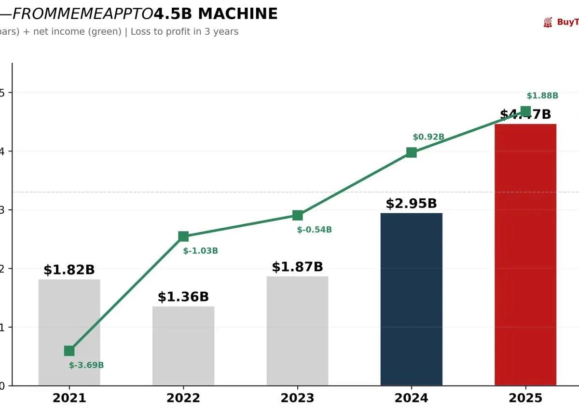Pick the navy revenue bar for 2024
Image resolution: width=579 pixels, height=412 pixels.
pyautogui.click(x=411, y=299)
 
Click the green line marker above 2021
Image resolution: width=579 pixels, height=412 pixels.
pyautogui.click(x=69, y=351)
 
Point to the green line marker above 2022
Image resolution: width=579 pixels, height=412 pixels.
pyautogui.click(x=183, y=236)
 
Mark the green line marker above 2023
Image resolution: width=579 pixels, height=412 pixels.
pyautogui.click(x=298, y=215)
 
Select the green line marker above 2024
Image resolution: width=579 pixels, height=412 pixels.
pyautogui.click(x=411, y=152)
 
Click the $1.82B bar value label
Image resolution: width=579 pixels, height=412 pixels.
pyautogui.click(x=69, y=270)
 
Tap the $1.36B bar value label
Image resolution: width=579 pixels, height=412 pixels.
pyautogui.click(x=183, y=297)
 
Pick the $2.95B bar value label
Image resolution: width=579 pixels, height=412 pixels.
pyautogui.click(x=411, y=204)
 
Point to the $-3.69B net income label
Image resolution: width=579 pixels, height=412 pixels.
pyautogui.click(x=86, y=365)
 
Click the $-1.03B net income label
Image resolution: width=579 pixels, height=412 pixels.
pyautogui.click(x=200, y=251)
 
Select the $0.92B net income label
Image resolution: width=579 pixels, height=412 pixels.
pyautogui.click(x=428, y=137)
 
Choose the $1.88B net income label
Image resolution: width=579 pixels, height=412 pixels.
pyautogui.click(x=542, y=96)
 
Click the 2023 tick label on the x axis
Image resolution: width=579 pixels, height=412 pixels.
pyautogui.click(x=297, y=398)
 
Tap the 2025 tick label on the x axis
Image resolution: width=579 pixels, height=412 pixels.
pyautogui.click(x=525, y=398)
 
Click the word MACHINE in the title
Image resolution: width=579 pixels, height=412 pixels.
pyautogui.click(x=238, y=14)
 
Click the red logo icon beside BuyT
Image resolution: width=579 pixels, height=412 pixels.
pyautogui.click(x=548, y=22)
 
